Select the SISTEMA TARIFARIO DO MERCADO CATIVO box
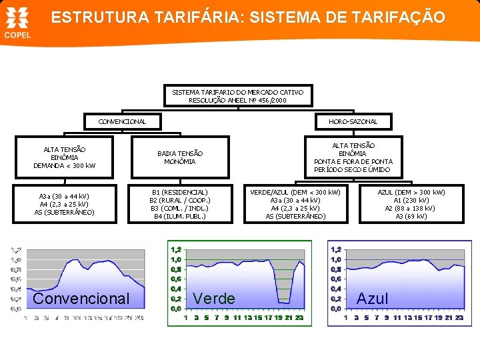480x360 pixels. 237,95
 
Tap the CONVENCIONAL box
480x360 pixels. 122,121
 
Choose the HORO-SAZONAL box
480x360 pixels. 353,121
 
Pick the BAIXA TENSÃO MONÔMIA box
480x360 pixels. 180,157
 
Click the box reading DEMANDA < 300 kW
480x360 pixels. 65,165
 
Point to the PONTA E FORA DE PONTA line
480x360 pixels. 353,161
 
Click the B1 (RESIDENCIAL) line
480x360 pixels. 180,192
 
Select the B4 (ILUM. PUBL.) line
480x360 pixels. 180,216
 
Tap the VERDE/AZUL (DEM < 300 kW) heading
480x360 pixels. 295,192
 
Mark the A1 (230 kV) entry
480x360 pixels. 411,200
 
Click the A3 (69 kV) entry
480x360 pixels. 411,216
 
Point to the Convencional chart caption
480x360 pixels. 81,299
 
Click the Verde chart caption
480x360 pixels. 213,299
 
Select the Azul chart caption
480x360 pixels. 373,299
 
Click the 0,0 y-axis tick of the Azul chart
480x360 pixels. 335,309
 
